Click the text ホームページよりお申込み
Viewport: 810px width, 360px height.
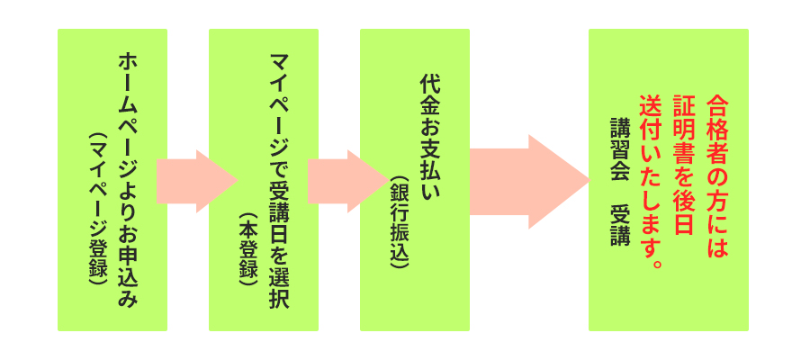129,180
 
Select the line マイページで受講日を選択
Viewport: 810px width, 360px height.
280,180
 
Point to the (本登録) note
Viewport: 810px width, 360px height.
249,251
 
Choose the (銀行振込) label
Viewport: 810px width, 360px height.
400,222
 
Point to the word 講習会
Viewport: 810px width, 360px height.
620,148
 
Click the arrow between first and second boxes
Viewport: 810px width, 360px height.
197,181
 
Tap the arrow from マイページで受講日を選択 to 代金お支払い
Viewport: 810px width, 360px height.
347,181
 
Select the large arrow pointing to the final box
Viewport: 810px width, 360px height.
529,181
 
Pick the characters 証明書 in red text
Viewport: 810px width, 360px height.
684,127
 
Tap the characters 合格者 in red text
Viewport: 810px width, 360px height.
717,127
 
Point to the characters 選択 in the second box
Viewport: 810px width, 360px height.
280,289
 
